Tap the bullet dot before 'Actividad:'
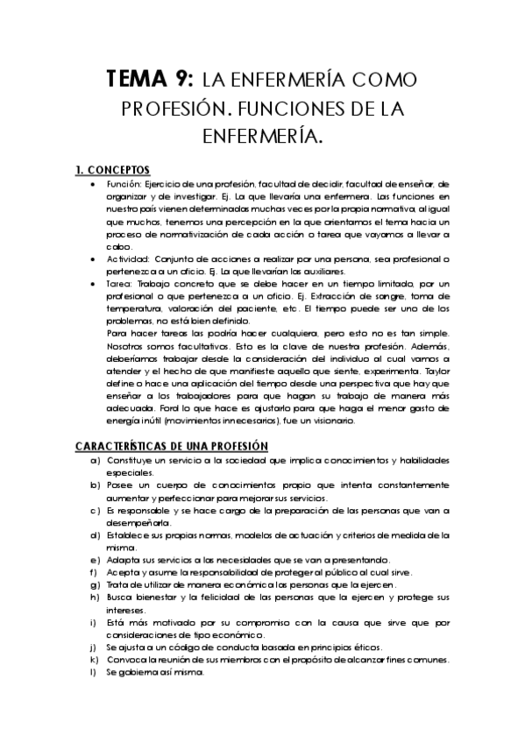click(x=94, y=259)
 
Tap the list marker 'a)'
click(x=95, y=461)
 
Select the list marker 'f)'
click(x=94, y=572)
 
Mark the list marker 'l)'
click(x=94, y=672)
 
